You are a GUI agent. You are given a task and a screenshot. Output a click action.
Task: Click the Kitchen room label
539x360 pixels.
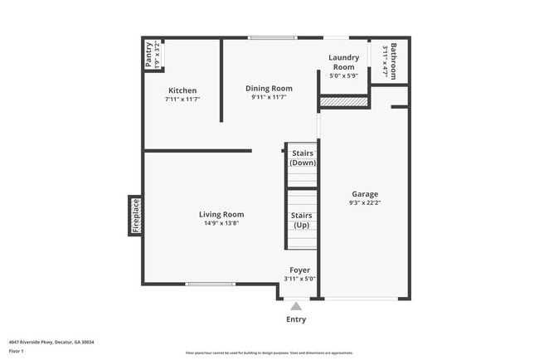182,90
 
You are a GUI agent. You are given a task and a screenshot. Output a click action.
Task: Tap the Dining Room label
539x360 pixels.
269,88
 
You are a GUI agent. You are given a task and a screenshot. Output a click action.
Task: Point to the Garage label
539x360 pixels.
364,194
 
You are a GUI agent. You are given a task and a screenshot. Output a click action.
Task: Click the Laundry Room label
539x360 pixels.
343,62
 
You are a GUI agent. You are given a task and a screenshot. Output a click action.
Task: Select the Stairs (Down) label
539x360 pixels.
302,158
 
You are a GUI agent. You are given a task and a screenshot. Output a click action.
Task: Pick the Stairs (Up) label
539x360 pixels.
301,221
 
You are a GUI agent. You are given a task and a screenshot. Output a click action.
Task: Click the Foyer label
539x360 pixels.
299,270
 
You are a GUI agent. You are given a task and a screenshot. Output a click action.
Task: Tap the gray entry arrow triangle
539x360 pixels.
296,306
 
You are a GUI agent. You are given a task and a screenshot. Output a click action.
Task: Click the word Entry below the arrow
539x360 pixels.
296,319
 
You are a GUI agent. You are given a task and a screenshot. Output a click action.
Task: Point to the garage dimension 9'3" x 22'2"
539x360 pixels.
364,203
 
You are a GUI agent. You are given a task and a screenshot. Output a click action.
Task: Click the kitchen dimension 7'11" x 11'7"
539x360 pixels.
182,99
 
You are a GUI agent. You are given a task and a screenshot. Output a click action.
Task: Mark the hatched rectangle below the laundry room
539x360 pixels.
344,102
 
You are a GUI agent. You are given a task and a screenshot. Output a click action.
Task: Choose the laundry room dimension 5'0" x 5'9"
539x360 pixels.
343,76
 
